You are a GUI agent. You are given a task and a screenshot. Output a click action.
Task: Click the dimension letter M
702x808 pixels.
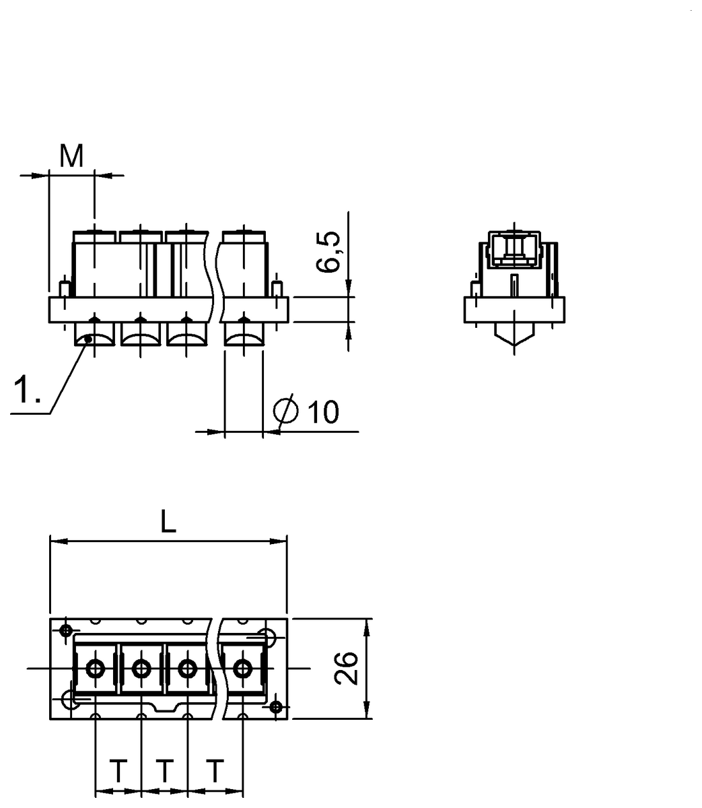pyautogui.click(x=71, y=156)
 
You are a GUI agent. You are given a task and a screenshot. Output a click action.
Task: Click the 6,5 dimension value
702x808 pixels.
pyautogui.click(x=328, y=252)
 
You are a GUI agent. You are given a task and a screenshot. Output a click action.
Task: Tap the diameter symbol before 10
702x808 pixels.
pyautogui.click(x=285, y=411)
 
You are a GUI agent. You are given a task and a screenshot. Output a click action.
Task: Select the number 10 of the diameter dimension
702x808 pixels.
pyautogui.click(x=323, y=412)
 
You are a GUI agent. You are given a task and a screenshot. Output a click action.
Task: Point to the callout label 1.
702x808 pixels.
pyautogui.click(x=27, y=390)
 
